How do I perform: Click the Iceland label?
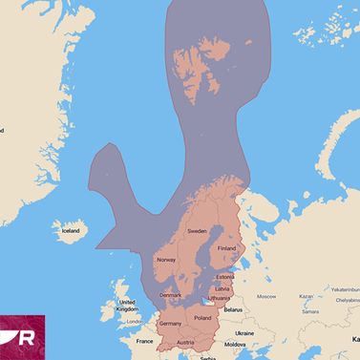click(71, 231)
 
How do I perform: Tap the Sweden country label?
click(197, 231)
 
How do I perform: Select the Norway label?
click(166, 260)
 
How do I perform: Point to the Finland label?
click(226, 248)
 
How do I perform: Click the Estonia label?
click(225, 277)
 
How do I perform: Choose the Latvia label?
click(222, 288)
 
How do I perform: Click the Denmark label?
click(171, 295)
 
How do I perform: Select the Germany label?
click(171, 324)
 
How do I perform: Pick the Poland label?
click(202, 317)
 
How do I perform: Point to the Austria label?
click(185, 343)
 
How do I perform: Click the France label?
click(144, 341)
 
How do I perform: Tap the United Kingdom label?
click(126, 305)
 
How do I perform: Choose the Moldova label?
click(238, 344)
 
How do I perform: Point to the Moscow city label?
click(266, 296)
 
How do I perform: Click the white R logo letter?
click(27, 337)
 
